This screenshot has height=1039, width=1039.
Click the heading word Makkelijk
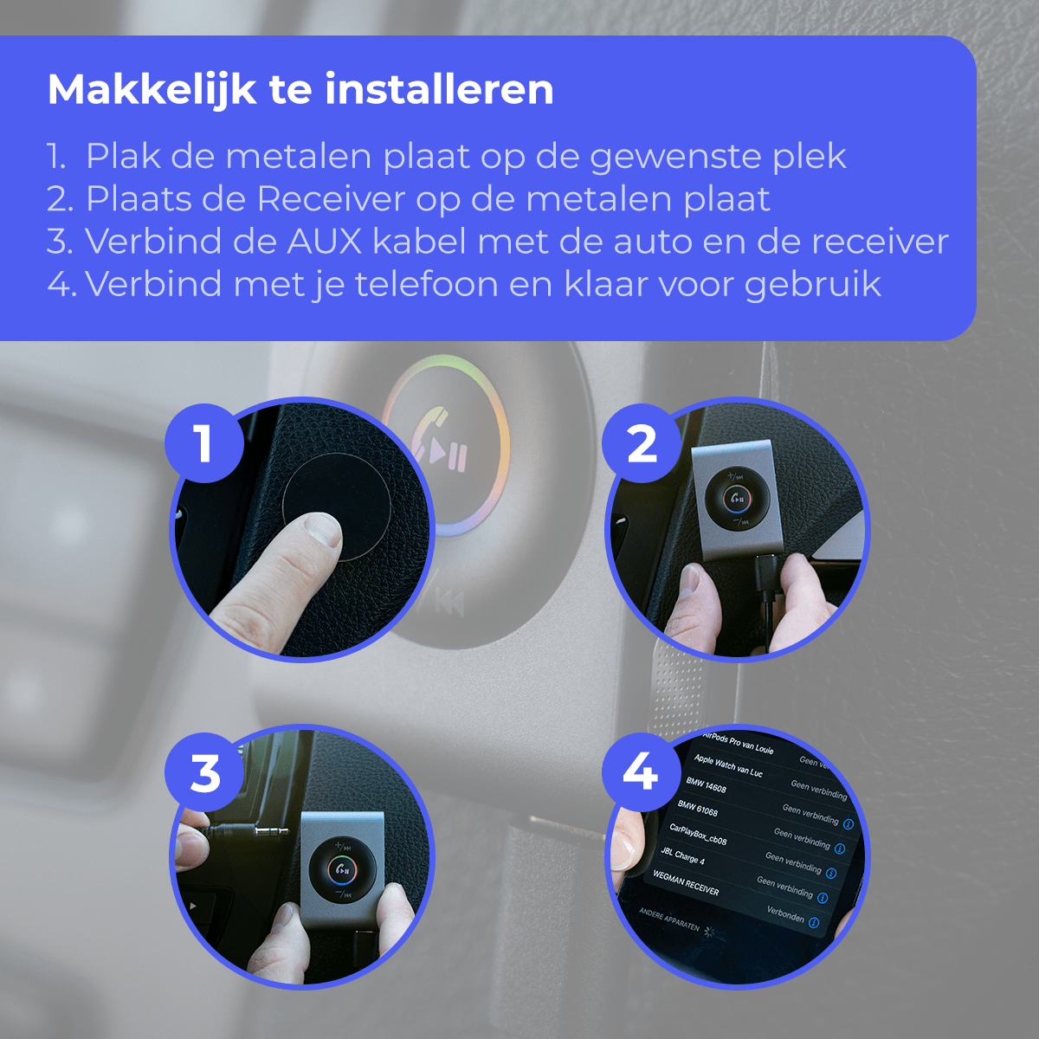152,89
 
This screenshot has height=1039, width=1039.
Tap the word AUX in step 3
324,242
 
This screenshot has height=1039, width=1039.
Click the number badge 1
204,443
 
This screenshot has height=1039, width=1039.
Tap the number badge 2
642,443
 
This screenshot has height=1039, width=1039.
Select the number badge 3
205,773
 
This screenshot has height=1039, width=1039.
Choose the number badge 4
640,771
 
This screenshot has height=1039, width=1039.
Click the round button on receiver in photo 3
343,869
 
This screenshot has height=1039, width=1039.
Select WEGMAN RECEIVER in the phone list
686,883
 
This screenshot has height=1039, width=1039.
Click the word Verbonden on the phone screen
785,914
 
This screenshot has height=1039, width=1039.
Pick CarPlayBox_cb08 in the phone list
698,835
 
